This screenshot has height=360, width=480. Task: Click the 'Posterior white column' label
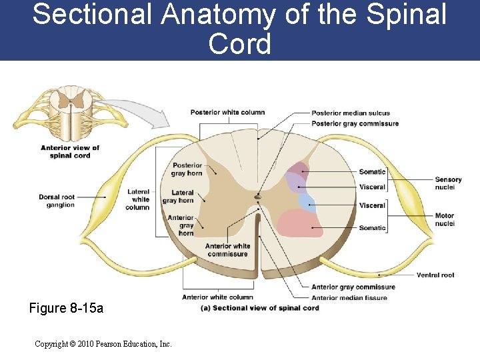(227, 113)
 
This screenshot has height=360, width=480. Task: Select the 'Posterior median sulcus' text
(351, 113)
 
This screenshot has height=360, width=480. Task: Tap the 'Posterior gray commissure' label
(355, 123)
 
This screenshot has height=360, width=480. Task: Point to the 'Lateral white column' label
(138, 199)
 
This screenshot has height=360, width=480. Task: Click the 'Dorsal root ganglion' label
(57, 201)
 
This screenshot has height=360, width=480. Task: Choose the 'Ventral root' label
(435, 275)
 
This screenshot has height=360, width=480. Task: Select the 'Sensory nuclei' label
(448, 183)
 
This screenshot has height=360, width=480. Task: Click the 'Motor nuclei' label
(445, 219)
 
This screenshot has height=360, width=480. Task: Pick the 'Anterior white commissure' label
(227, 250)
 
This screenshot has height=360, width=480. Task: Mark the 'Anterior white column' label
(217, 297)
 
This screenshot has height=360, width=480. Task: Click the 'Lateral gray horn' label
(179, 197)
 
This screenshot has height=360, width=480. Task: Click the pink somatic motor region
(300, 223)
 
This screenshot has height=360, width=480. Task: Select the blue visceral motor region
(306, 201)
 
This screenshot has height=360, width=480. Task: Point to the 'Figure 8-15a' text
(66, 309)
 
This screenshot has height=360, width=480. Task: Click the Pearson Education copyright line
(103, 344)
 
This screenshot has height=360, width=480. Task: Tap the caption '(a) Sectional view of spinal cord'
(260, 308)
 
